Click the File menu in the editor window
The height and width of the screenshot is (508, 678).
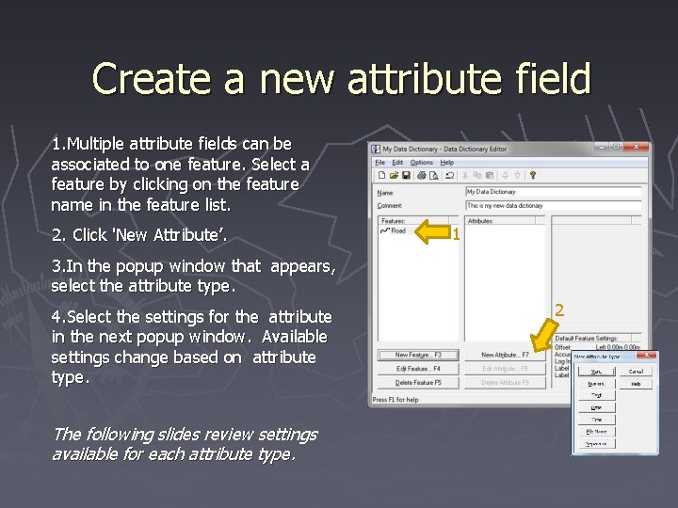coord(379,163)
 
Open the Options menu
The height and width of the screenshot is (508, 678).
coord(421,163)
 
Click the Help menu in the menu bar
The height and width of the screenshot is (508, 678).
coord(446,163)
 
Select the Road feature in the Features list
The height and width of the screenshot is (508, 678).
coord(397,230)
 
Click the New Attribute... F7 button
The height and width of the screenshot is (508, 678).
coord(505,355)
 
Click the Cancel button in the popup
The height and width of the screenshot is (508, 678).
coord(636,371)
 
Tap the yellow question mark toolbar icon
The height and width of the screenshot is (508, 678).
coord(532,175)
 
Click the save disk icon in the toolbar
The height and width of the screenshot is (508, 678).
coord(406,175)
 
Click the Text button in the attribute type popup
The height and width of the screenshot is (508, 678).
coord(596,395)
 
